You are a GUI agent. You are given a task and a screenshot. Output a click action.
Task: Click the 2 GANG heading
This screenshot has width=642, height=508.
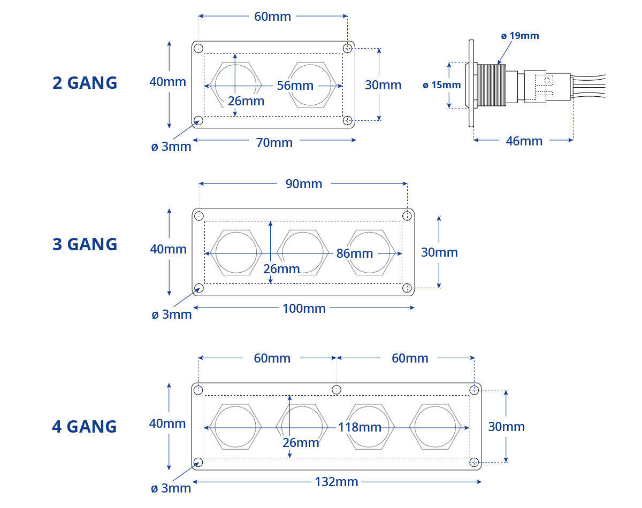coord(85,83)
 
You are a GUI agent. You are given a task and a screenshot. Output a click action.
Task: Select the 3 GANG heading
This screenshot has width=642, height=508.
coord(85,244)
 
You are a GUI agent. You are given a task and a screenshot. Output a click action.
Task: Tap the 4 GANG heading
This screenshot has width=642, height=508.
coord(85,427)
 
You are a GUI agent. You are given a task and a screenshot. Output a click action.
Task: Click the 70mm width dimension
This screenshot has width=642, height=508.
coord(274,143)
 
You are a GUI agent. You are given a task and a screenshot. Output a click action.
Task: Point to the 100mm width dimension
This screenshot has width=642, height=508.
coord(304,309)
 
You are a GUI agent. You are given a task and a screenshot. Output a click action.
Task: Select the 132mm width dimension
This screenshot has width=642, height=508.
coord(337,482)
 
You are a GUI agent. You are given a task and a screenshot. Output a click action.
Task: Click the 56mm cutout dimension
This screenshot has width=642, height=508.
coord(295,86)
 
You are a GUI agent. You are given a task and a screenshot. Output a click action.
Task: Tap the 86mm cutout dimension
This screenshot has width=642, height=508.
coord(354,253)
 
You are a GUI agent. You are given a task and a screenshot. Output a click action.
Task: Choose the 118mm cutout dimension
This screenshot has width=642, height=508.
coord(360,427)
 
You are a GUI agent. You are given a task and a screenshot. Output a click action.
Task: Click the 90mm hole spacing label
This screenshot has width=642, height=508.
coord(304,184)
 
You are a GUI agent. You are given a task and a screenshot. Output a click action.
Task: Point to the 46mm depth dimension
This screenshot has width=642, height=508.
coord(524,141)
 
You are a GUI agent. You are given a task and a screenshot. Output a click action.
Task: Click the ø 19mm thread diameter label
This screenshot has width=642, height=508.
coord(520,36)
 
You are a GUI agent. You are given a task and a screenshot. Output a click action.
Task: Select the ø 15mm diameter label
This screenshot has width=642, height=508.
coord(441,85)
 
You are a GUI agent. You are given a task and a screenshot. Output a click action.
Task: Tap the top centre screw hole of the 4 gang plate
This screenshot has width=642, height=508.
coord(337,389)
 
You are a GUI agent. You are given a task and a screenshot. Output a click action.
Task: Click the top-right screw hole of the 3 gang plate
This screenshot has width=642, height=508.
coord(407,215)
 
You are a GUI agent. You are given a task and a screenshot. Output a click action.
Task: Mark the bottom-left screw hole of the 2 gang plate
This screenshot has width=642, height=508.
coord(198,120)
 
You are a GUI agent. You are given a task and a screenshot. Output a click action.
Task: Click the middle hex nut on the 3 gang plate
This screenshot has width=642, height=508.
coord(303,253)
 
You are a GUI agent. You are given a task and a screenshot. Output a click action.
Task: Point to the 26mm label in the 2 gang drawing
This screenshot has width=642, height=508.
coord(246,101)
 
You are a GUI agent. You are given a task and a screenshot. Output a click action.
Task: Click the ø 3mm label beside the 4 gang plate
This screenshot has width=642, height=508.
coord(171,488)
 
